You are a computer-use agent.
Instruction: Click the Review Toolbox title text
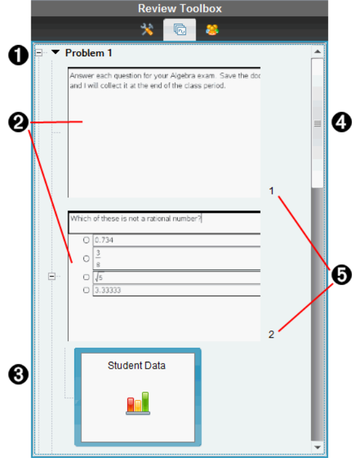[180, 9]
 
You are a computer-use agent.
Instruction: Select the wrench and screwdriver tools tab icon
[147, 29]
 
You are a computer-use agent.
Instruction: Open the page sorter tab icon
[180, 29]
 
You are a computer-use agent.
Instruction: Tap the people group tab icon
[212, 29]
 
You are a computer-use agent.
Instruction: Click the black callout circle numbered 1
[18, 55]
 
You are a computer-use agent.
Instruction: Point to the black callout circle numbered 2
[18, 122]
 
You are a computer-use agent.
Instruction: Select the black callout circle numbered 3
[18, 375]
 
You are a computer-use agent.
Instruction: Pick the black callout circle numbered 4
[342, 122]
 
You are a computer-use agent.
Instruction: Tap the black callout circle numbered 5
[342, 275]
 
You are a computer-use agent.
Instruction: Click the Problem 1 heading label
[89, 53]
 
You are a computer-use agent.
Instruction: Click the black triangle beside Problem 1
[56, 52]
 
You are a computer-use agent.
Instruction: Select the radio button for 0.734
[86, 240]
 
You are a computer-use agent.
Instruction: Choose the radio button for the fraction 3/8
[86, 259]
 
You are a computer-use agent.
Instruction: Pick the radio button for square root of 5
[86, 277]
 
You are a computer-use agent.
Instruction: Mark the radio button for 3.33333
[86, 290]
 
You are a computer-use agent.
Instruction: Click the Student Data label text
[136, 366]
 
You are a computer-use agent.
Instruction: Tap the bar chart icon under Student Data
[138, 404]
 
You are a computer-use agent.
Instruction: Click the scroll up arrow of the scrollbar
[317, 52]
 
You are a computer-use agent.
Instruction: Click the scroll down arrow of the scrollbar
[317, 447]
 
